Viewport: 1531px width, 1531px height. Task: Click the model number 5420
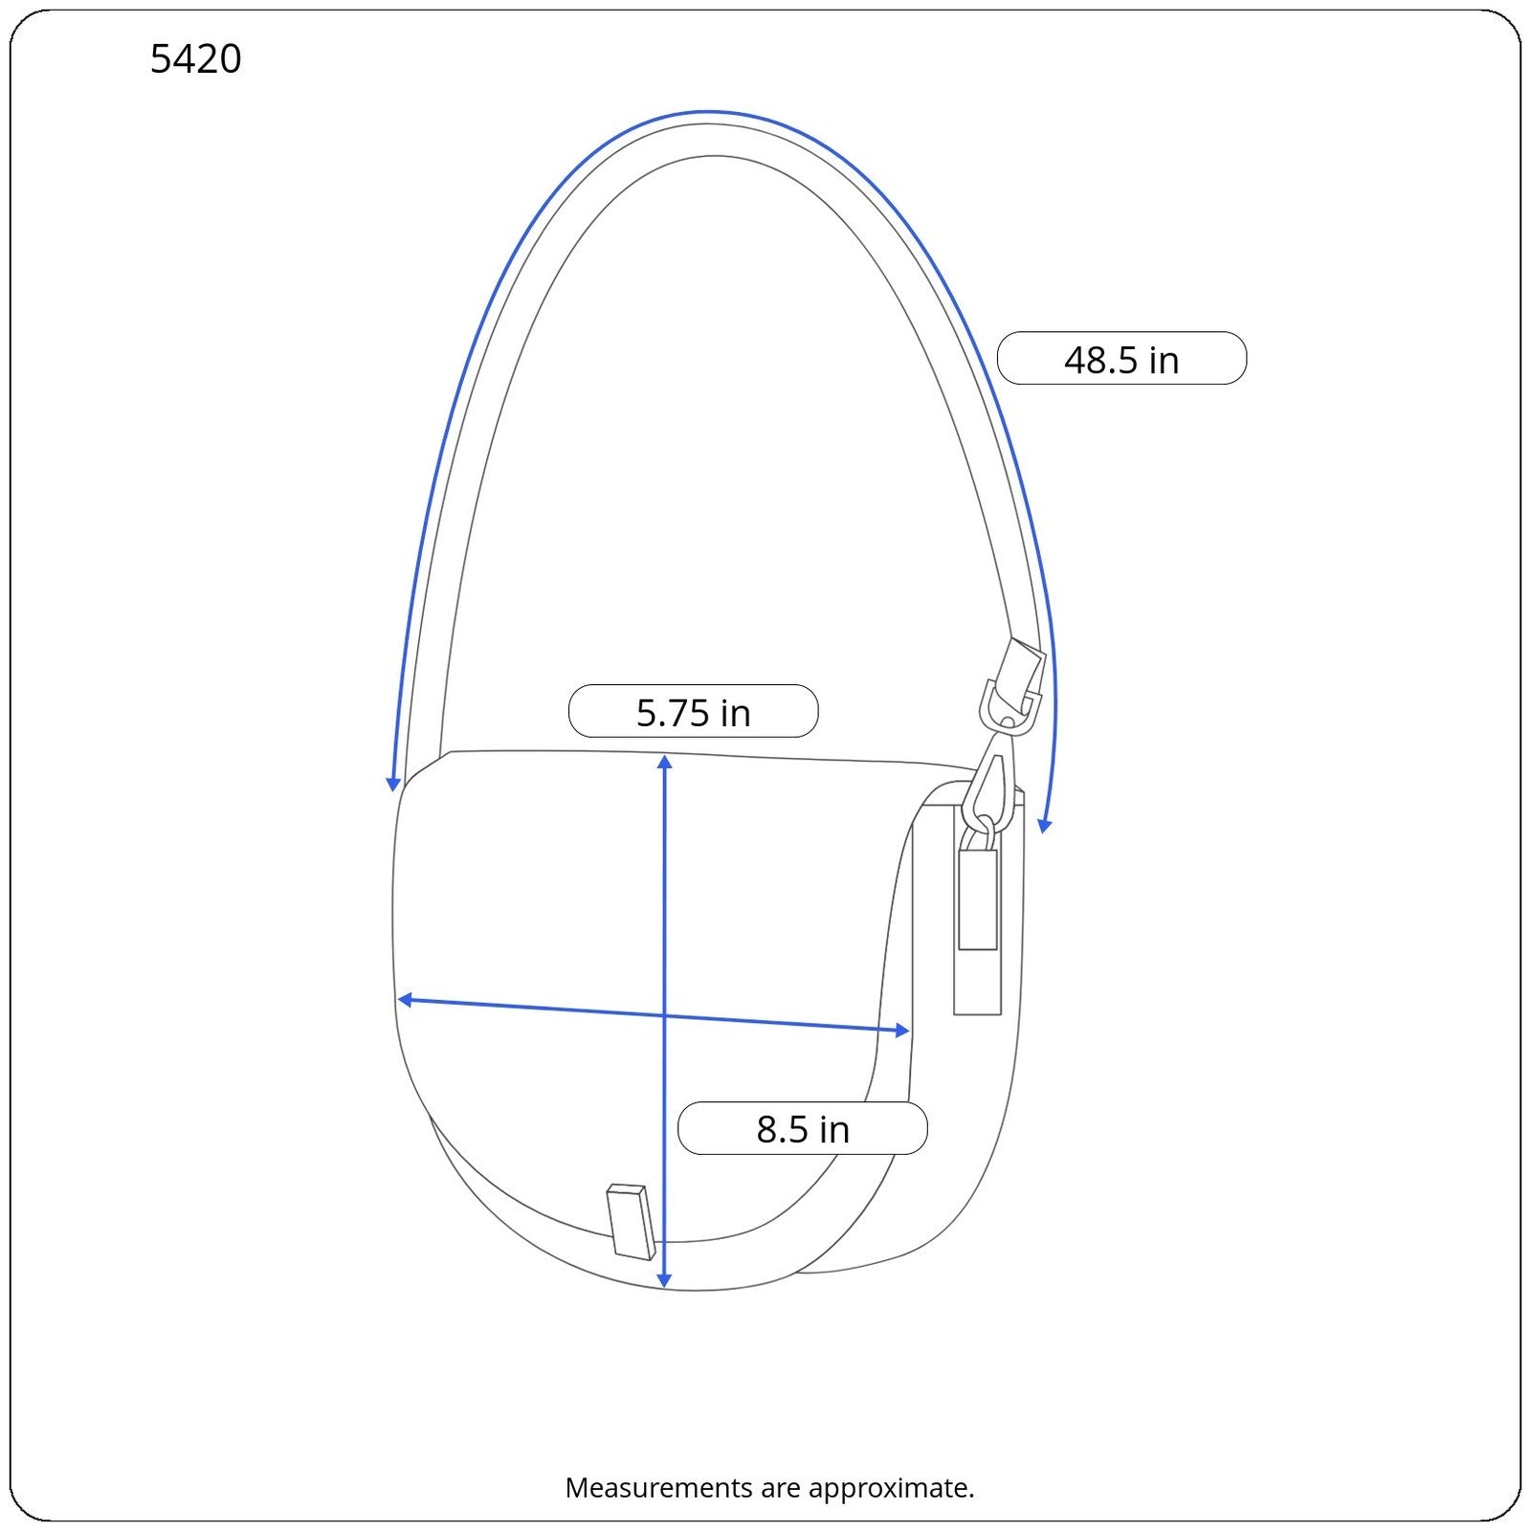click(196, 59)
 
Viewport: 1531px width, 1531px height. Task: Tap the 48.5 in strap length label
click(1121, 359)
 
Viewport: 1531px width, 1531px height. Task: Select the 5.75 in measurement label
click(693, 711)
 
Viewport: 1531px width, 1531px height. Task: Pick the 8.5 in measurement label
click(802, 1128)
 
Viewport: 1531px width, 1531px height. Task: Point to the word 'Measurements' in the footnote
click(645, 1488)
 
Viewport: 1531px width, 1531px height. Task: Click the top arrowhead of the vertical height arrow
click(665, 762)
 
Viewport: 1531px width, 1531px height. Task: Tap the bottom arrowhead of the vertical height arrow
click(665, 1280)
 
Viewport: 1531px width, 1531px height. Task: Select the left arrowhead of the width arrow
click(405, 1000)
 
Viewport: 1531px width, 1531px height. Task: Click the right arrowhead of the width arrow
click(901, 1030)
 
